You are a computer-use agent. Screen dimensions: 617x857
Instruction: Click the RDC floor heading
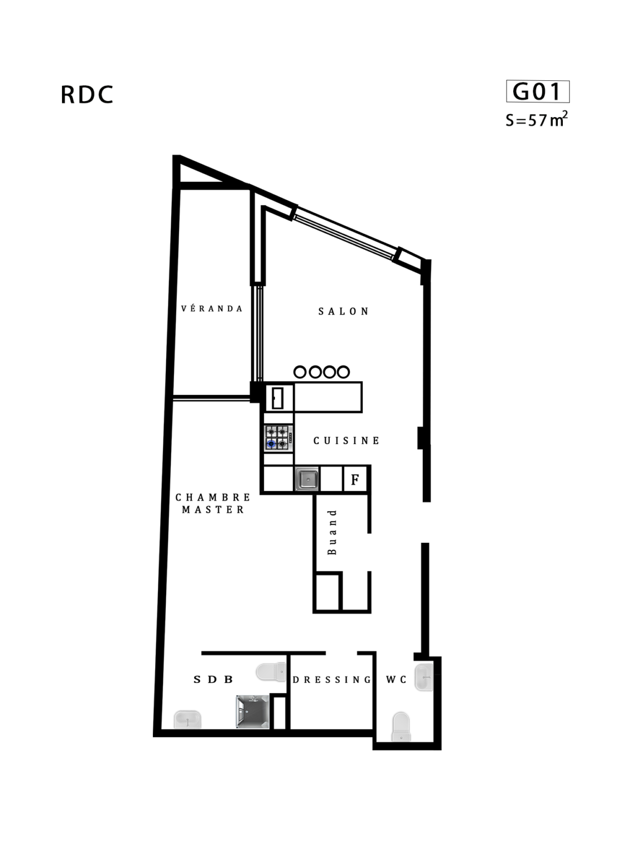point(87,94)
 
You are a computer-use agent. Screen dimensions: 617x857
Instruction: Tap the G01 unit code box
point(537,92)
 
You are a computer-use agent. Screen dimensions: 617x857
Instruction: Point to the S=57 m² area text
point(536,119)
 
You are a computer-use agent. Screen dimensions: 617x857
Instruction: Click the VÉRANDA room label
point(211,309)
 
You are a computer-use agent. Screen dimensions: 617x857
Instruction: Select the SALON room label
point(344,311)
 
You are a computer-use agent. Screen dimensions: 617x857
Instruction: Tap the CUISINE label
point(346,441)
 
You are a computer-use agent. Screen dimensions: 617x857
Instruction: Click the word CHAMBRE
point(213,497)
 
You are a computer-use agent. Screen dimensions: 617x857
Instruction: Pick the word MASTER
point(213,509)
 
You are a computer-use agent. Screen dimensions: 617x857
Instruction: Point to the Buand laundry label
point(332,532)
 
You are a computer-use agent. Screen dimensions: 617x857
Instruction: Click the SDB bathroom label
point(213,680)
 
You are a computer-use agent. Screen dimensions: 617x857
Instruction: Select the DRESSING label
point(331,680)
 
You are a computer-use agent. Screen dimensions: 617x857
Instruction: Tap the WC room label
point(396,680)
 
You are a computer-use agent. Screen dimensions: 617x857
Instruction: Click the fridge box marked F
point(355,479)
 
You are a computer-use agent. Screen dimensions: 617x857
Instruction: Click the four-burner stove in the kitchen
point(278,439)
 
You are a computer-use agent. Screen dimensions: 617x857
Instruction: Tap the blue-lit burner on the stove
point(272,444)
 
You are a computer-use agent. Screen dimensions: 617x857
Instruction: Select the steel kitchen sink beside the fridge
point(307,478)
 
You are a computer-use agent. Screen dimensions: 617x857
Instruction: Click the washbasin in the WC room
point(424,677)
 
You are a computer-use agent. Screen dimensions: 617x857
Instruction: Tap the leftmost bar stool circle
point(300,372)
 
